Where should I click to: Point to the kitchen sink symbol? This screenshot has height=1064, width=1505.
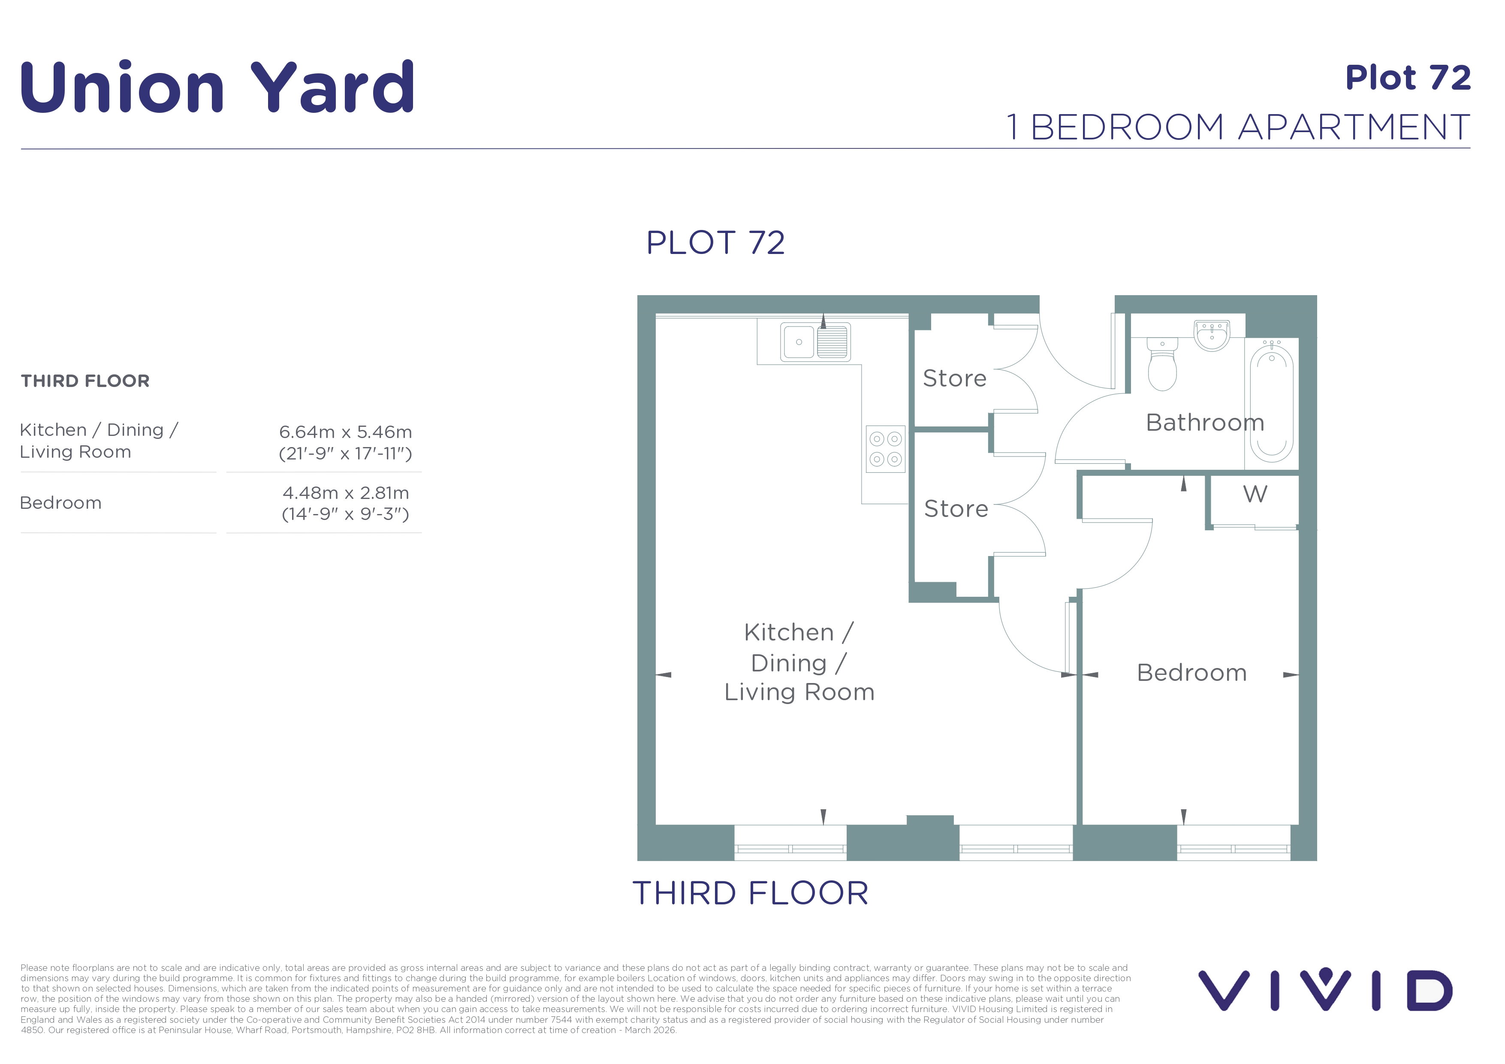click(815, 342)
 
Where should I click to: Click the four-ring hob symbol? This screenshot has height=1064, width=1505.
click(886, 449)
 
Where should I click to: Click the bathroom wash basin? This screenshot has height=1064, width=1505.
click(1212, 335)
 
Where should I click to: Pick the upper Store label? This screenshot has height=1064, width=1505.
click(954, 378)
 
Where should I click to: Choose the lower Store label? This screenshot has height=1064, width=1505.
click(956, 509)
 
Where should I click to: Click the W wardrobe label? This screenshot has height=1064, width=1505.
click(1255, 494)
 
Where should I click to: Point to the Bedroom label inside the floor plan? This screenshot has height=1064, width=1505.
click(1191, 673)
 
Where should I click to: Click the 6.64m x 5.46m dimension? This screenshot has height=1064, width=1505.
click(345, 432)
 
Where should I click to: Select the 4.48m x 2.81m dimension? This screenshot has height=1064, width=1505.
click(345, 493)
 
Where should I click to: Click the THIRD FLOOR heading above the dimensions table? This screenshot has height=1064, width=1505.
click(85, 381)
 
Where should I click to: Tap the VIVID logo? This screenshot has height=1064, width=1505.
click(1325, 990)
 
